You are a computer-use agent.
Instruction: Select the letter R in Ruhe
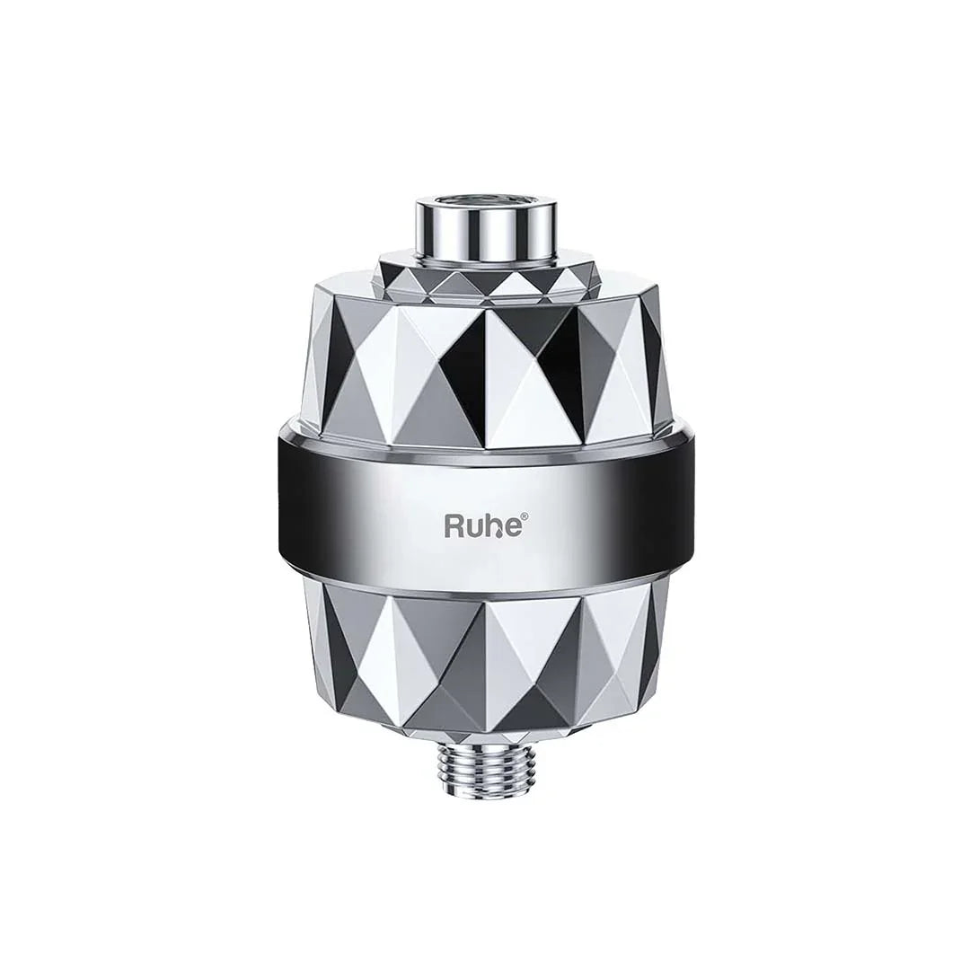(x=456, y=525)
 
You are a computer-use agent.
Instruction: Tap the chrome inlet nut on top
(x=486, y=221)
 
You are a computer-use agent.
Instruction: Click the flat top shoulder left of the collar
(x=350, y=269)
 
